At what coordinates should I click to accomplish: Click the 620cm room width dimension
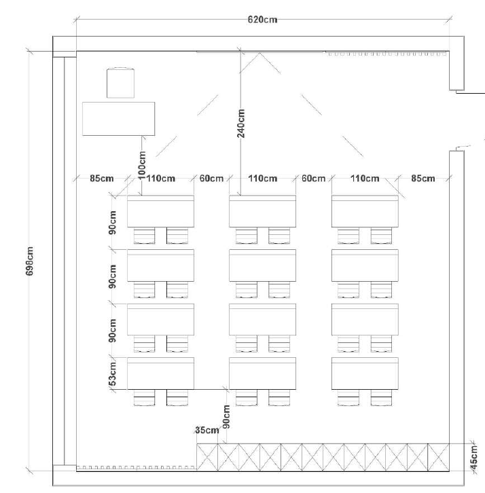262,20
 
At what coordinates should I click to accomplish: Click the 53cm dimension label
113,374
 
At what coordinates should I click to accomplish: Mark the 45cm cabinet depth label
475,452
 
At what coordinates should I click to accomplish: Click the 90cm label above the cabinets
226,416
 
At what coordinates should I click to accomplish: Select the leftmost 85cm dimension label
101,179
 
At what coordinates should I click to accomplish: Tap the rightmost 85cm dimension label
423,179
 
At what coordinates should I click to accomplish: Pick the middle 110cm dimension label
262,179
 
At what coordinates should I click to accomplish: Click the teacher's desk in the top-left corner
118,118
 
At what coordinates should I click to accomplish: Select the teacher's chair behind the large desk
121,82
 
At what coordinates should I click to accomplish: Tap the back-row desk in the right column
365,373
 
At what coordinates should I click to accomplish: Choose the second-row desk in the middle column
262,266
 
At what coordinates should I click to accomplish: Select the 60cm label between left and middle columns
211,179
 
